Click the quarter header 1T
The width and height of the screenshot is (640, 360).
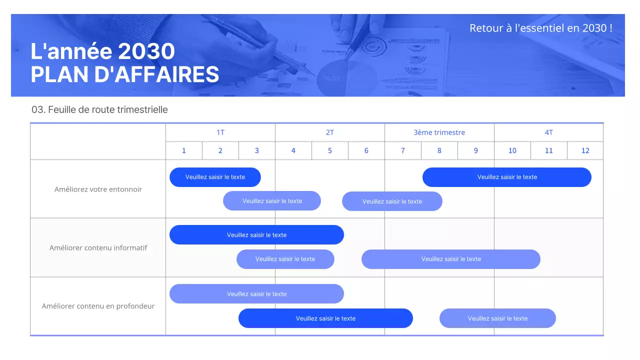point(220,132)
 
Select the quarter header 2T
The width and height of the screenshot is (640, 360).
point(330,132)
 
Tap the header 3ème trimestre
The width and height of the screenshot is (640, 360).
point(439,132)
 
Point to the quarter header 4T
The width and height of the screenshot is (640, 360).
point(548,132)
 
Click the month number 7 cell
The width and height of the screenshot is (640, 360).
point(403,150)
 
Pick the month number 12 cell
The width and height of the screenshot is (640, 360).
point(585,150)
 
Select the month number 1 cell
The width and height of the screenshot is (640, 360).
point(184,150)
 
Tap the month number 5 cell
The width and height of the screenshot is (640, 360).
point(330,150)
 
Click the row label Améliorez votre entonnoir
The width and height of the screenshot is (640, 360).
point(98,189)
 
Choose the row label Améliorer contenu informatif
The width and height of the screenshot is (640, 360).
point(98,247)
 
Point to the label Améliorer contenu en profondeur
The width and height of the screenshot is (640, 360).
point(98,306)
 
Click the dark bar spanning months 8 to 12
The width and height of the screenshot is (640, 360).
point(507,177)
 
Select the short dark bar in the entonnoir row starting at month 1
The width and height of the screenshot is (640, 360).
point(215,177)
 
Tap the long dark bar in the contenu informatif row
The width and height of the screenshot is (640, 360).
point(256,235)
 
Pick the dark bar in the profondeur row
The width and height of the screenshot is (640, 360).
point(325,318)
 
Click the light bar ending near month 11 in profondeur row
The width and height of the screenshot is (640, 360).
point(497,318)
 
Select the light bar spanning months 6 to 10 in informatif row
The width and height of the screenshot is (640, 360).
point(451,259)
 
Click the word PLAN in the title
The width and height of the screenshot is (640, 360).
point(59,74)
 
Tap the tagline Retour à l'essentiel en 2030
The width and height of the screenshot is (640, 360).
point(540,28)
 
